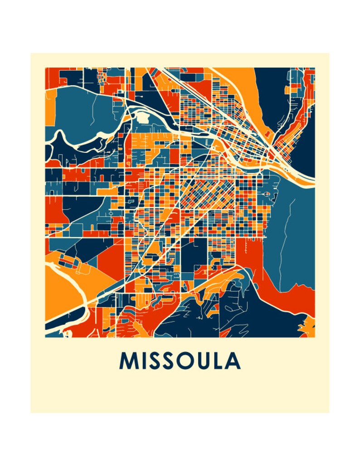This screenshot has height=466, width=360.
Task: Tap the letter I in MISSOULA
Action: pyautogui.click(x=143, y=361)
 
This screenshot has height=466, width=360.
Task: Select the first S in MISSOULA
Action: pyautogui.click(x=154, y=361)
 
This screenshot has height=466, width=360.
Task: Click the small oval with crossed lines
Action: pyautogui.click(x=267, y=194)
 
